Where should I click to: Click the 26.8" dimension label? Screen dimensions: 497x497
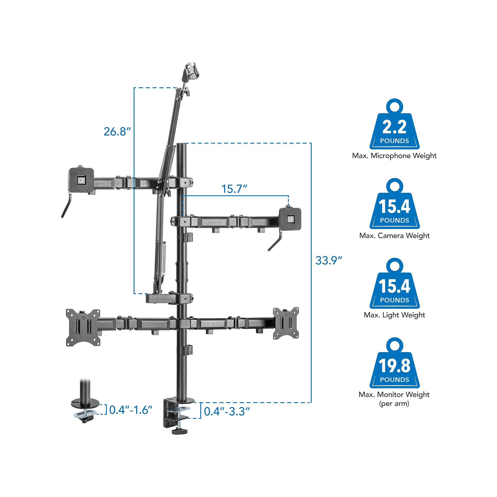pyautogui.click(x=117, y=131)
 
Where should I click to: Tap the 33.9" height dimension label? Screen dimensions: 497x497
pyautogui.click(x=329, y=261)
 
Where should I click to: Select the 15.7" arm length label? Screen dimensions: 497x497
pyautogui.click(x=234, y=189)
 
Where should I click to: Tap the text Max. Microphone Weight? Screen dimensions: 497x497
pyautogui.click(x=394, y=156)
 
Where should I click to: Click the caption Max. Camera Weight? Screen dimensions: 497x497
pyautogui.click(x=394, y=236)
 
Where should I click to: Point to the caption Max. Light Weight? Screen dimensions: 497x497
pyautogui.click(x=394, y=315)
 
